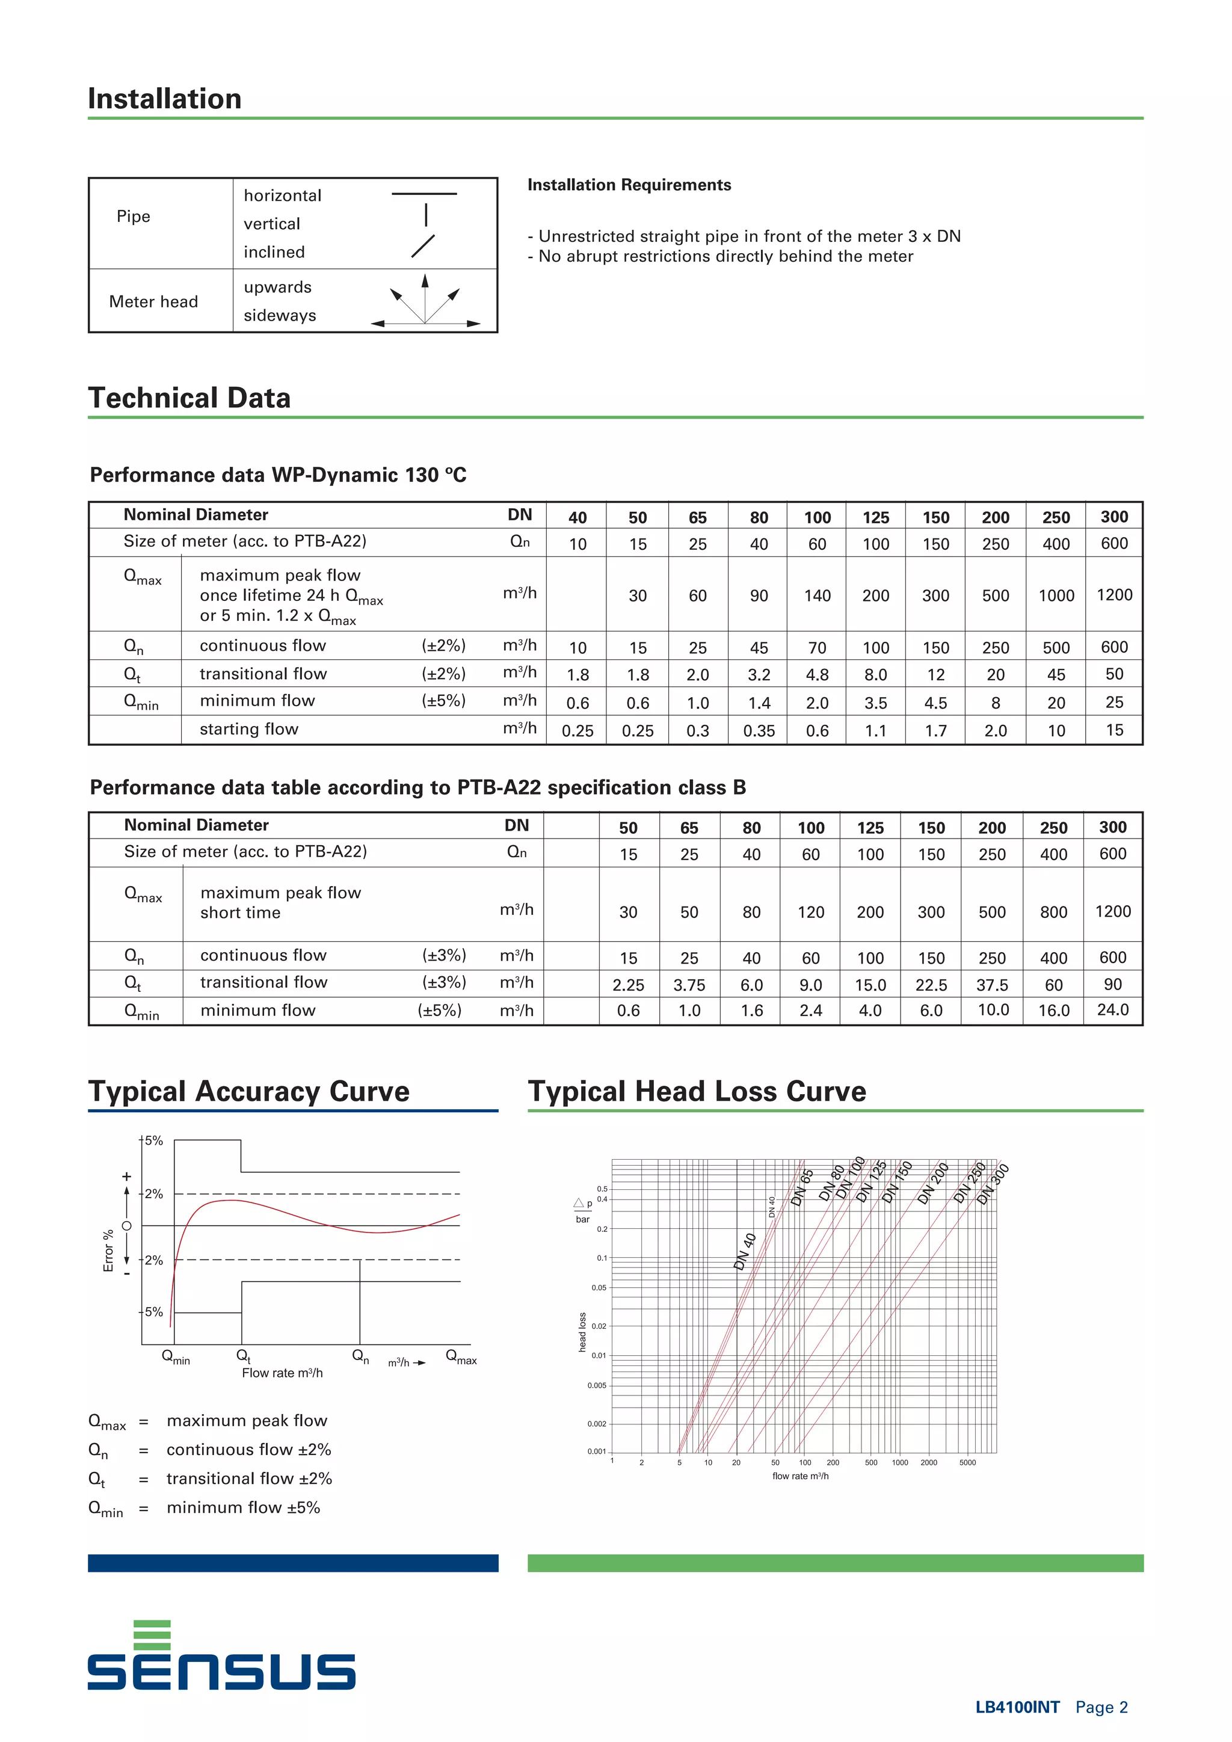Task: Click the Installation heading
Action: [165, 99]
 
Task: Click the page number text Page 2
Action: [1101, 1707]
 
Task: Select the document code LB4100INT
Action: [1017, 1707]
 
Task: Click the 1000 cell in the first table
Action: [1056, 596]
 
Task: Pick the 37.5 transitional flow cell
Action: [991, 985]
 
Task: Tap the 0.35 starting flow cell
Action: [759, 731]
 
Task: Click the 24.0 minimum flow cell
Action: [1112, 1010]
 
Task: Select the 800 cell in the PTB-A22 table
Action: [1053, 912]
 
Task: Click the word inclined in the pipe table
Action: [274, 252]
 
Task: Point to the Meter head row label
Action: [153, 301]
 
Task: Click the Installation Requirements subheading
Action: [629, 185]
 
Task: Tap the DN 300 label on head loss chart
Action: [993, 1184]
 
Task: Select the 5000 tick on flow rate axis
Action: [967, 1462]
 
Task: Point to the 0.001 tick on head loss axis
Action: [596, 1451]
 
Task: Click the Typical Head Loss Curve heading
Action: [697, 1091]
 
